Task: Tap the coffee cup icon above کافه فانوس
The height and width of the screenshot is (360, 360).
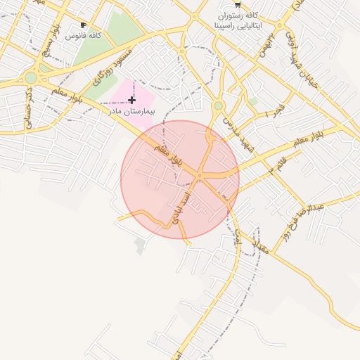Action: coord(84,25)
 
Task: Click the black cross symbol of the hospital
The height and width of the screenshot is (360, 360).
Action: coord(131,101)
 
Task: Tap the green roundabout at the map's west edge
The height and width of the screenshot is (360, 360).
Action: coord(30,77)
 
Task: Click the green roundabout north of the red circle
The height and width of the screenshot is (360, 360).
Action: coord(219,106)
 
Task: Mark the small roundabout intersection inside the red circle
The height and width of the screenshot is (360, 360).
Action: coord(200,175)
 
